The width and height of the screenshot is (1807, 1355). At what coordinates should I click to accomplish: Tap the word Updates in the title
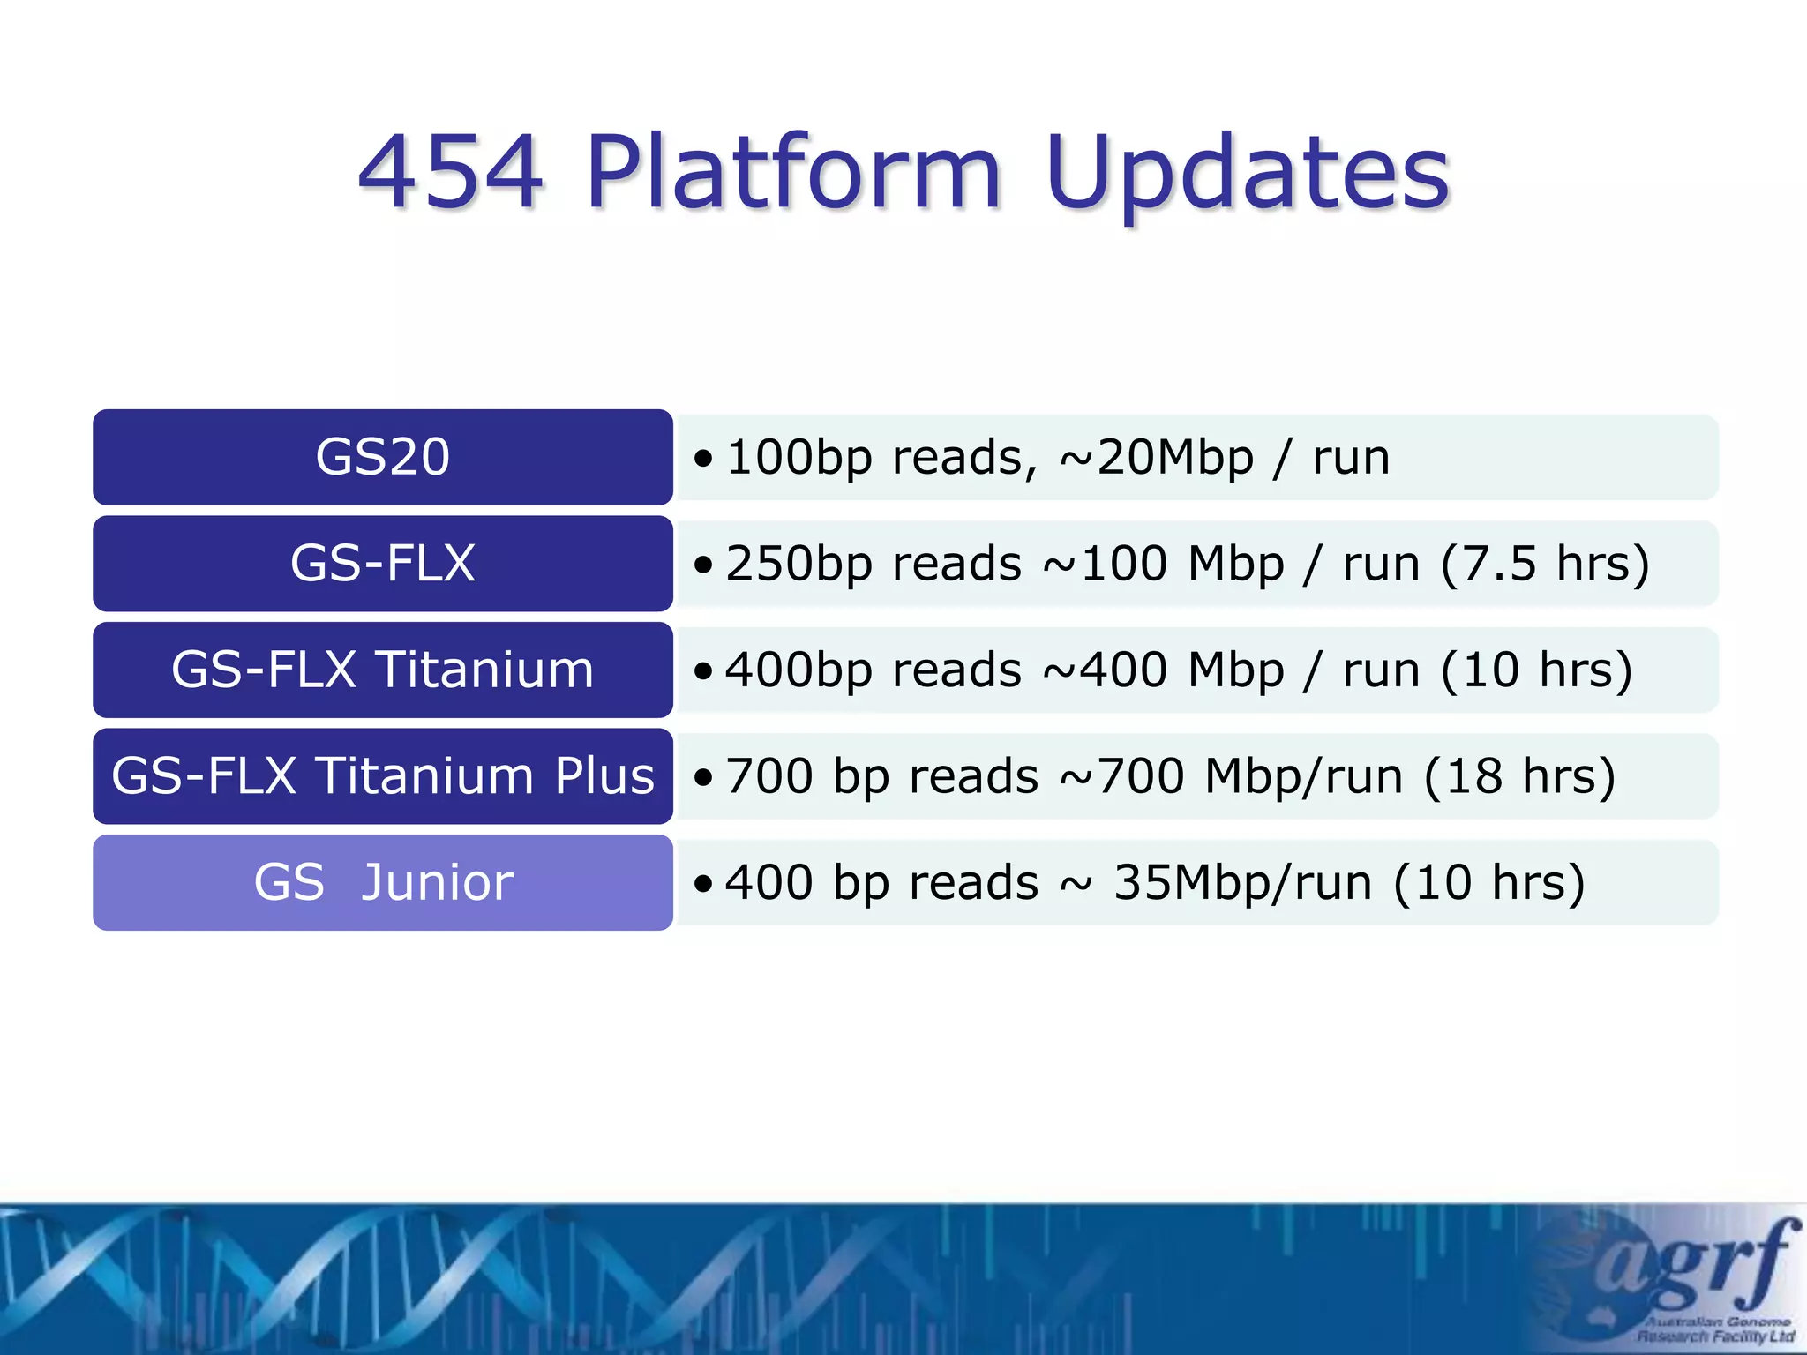[1247, 174]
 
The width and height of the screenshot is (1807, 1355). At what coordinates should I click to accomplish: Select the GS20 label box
[382, 457]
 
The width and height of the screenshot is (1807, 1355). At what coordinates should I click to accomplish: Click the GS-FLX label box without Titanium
[382, 564]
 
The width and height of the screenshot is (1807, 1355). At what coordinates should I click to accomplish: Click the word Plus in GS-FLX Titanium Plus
[604, 776]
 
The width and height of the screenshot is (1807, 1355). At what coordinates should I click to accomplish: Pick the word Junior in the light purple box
[437, 882]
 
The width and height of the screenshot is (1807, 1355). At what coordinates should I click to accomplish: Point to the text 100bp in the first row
[799, 458]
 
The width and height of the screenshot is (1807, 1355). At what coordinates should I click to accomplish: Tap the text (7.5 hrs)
[1544, 565]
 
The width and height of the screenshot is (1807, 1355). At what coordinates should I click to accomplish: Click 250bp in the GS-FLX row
[799, 565]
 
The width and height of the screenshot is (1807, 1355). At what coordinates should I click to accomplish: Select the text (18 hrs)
[1519, 776]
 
